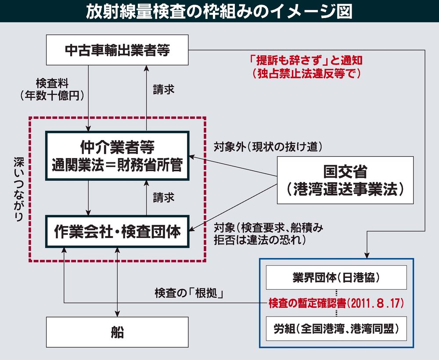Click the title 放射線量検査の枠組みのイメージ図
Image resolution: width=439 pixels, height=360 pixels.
(219, 11)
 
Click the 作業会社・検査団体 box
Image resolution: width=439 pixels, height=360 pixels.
(117, 231)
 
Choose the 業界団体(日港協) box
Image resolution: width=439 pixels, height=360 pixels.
(336, 277)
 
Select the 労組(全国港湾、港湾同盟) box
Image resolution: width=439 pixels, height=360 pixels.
(336, 328)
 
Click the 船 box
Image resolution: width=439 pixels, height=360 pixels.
(117, 332)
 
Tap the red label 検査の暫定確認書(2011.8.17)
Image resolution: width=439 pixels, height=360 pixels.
(336, 303)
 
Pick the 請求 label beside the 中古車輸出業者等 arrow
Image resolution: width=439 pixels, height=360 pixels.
(164, 90)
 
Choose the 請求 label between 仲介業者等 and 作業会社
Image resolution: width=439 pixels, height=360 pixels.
(164, 197)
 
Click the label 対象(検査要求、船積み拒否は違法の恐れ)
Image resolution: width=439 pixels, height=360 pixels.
(269, 234)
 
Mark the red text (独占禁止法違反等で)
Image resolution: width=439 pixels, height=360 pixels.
(304, 72)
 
